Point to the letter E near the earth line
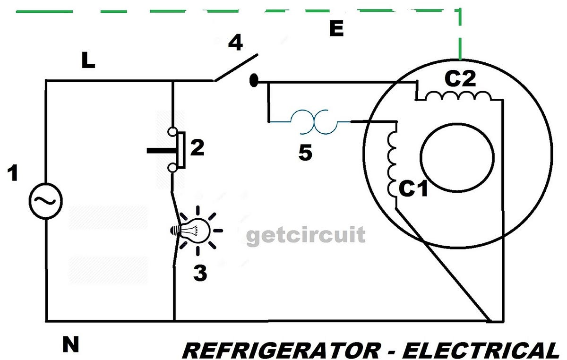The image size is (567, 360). click(336, 29)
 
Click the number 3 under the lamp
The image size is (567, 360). click(200, 273)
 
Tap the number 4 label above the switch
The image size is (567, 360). click(235, 43)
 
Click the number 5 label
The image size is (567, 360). click(305, 154)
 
